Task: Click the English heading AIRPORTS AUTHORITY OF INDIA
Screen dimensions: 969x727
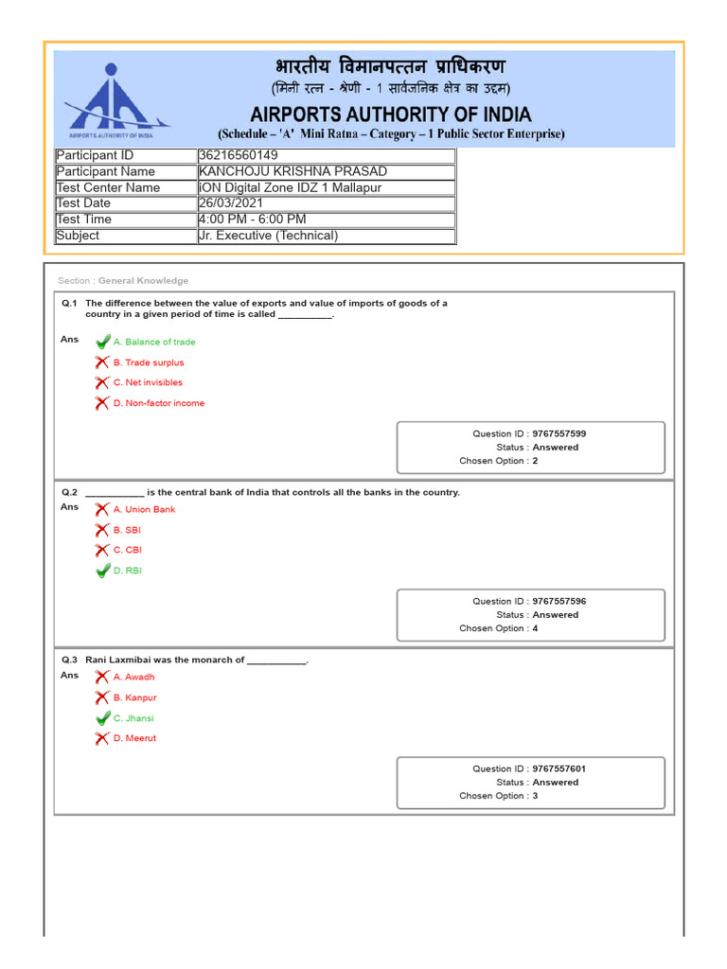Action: coord(391,114)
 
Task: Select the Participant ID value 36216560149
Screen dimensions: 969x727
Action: coord(239,155)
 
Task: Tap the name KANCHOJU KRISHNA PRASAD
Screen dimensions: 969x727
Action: coord(293,171)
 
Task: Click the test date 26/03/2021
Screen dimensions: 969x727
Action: coord(231,203)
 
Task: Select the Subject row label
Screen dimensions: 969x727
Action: coord(78,236)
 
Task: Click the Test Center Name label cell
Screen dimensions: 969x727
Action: coord(108,187)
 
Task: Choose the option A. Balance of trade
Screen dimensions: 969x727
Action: coord(154,342)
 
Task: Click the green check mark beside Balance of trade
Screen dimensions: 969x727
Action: coord(102,342)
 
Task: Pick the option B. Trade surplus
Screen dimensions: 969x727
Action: coord(149,362)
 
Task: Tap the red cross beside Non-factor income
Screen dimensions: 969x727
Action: coord(102,403)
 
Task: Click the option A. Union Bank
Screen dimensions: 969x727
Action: coord(144,509)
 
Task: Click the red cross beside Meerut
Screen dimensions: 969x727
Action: coord(102,738)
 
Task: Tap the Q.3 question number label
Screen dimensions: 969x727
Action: coord(69,660)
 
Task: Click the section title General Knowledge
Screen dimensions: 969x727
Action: coord(143,281)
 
